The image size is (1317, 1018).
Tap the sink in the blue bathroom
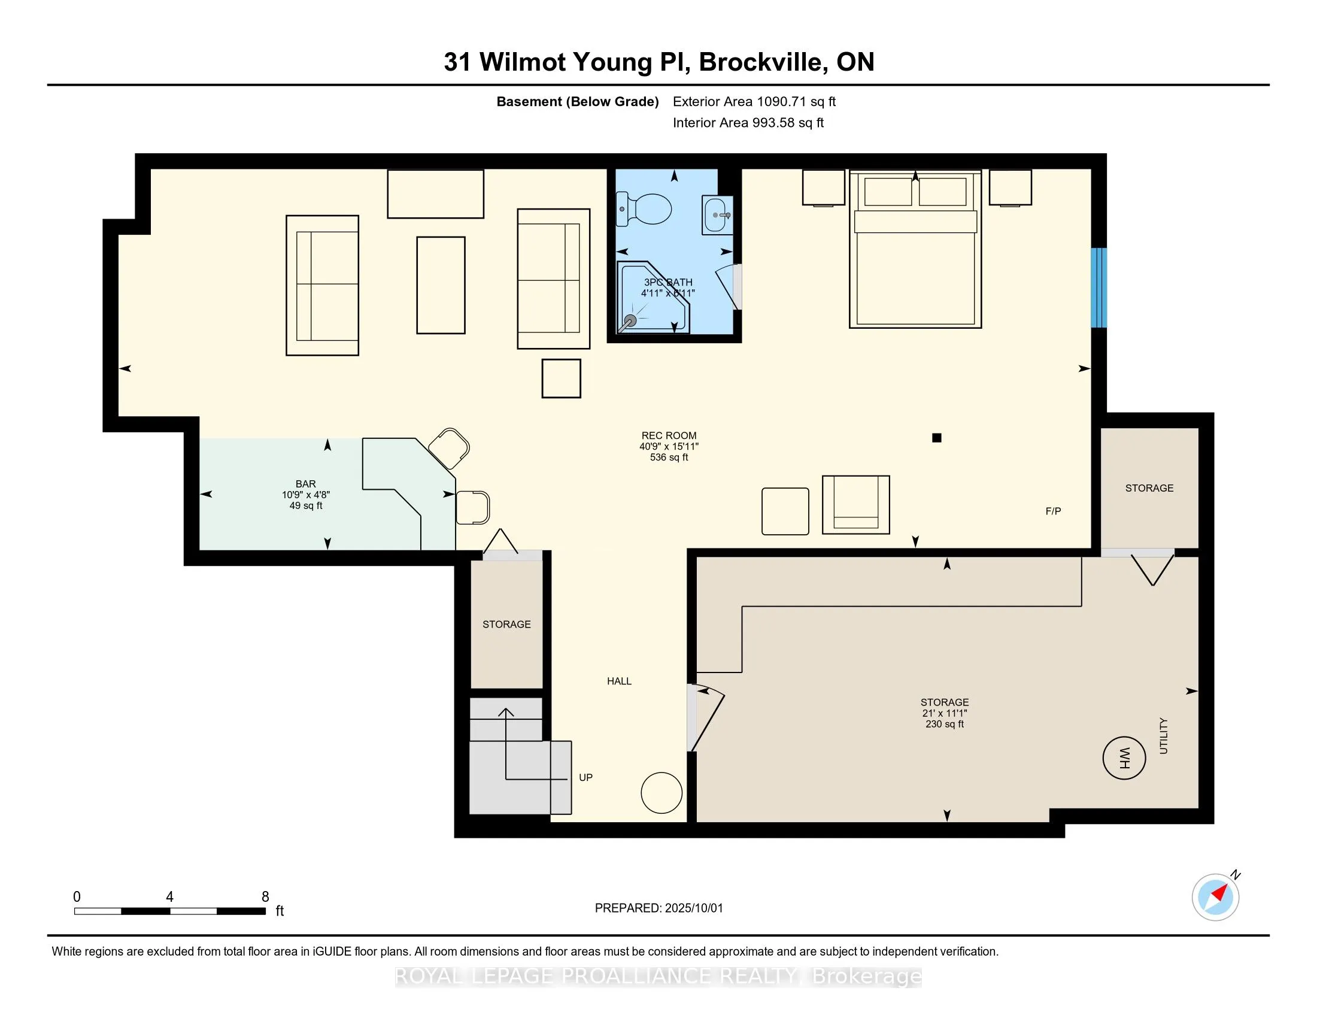coord(718,215)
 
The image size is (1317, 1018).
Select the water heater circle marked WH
coord(1124,758)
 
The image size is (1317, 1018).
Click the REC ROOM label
coord(669,435)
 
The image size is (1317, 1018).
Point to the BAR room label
coord(306,484)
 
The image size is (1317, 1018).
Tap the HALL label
coord(620,681)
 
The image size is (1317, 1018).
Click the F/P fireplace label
coord(1053,511)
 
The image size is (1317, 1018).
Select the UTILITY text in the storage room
coord(1163,736)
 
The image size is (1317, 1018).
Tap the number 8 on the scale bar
coord(265,897)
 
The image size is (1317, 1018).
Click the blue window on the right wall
coord(1099,287)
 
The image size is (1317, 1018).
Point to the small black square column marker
coord(936,438)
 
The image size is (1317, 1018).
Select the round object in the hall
coord(661,793)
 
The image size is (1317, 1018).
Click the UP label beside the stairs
coord(585,777)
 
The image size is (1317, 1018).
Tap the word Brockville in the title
coord(763,62)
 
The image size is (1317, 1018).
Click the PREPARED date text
coord(658,908)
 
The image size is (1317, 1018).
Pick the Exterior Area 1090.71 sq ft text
coord(754,101)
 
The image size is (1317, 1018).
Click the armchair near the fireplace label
coord(855,505)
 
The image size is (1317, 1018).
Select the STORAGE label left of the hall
coord(506,624)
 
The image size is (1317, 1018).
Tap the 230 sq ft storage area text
coord(945,724)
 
